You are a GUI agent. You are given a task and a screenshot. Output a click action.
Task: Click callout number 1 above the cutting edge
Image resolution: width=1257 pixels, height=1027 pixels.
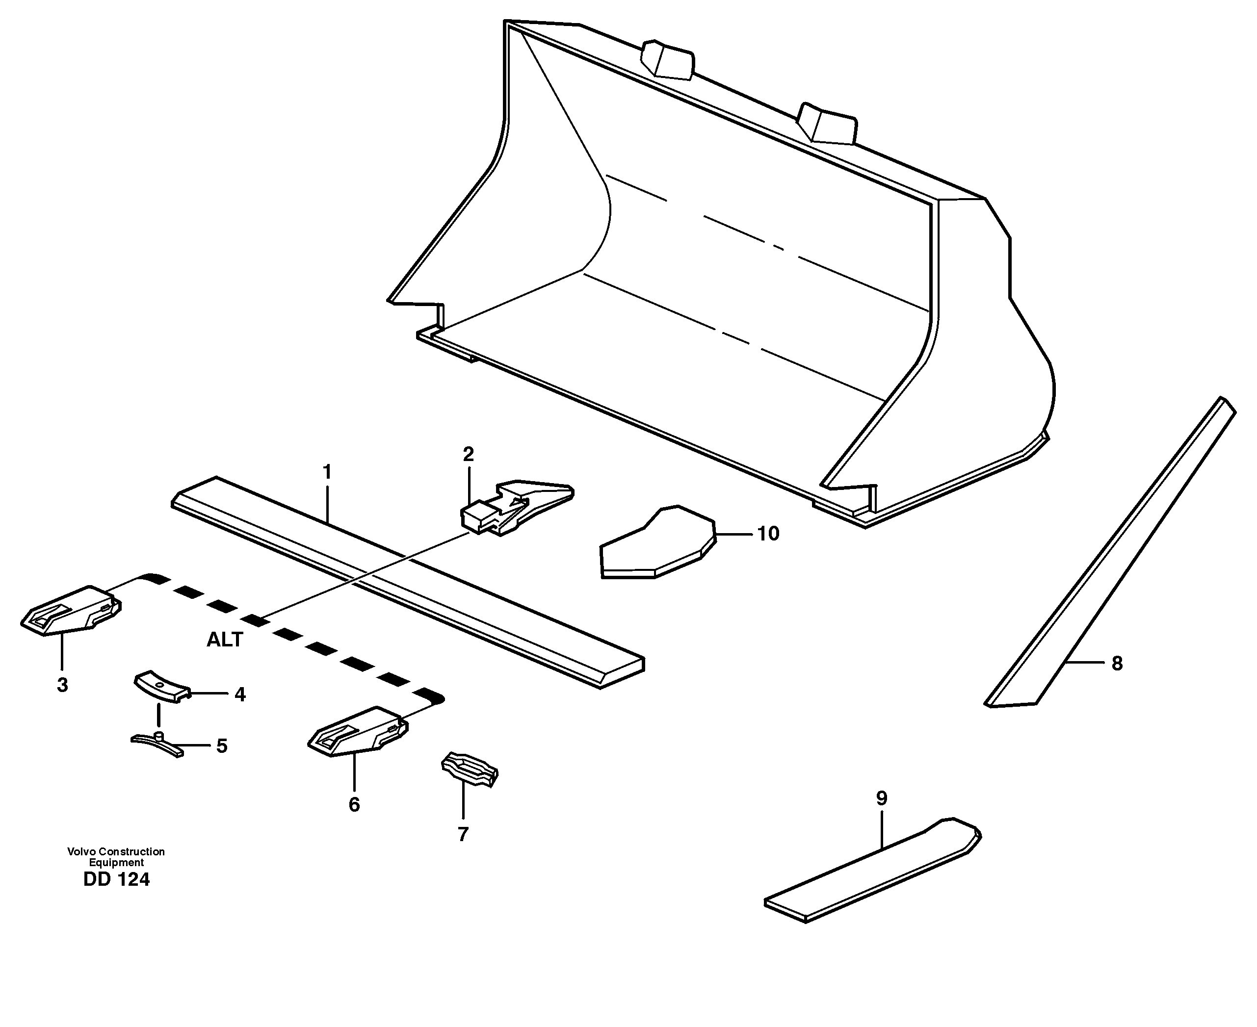click(x=327, y=473)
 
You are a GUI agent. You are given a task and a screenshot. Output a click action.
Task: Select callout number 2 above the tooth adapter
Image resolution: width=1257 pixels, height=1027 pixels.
click(x=468, y=454)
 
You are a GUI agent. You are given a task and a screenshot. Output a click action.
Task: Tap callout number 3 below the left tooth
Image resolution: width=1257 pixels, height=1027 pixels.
click(x=62, y=685)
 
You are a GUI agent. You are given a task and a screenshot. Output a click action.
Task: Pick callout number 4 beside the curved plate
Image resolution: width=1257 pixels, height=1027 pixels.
click(x=240, y=694)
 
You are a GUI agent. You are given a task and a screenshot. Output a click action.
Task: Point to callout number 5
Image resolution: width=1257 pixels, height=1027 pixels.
click(x=222, y=746)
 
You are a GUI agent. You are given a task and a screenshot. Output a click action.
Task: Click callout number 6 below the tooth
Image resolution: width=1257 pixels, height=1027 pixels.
click(x=354, y=804)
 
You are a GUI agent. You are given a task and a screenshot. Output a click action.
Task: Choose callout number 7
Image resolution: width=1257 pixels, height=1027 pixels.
click(x=463, y=834)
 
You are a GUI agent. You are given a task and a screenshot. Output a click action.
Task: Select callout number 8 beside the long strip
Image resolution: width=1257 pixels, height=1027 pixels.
click(x=1117, y=664)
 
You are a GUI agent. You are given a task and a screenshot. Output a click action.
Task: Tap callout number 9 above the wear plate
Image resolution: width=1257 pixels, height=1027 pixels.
click(x=881, y=798)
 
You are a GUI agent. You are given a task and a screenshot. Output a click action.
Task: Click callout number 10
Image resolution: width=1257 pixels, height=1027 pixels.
click(x=768, y=534)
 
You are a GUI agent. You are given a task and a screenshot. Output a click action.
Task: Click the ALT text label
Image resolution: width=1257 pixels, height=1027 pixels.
click(x=224, y=640)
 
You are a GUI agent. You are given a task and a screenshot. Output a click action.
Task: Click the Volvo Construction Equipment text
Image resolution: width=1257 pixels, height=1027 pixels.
click(x=116, y=857)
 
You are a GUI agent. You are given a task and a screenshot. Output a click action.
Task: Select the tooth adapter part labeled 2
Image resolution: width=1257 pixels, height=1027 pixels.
click(x=518, y=508)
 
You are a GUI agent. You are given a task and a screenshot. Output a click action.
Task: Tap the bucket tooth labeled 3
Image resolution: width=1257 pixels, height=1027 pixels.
click(x=71, y=611)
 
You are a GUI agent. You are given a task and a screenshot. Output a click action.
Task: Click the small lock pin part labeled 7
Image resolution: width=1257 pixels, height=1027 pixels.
click(x=470, y=770)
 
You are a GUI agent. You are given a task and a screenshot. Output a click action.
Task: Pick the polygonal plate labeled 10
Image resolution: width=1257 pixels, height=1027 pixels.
click(x=657, y=544)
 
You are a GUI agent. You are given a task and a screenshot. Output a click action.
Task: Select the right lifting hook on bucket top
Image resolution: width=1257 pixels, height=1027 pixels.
click(x=826, y=123)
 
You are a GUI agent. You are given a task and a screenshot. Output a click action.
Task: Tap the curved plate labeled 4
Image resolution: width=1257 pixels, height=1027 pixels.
click(x=160, y=686)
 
